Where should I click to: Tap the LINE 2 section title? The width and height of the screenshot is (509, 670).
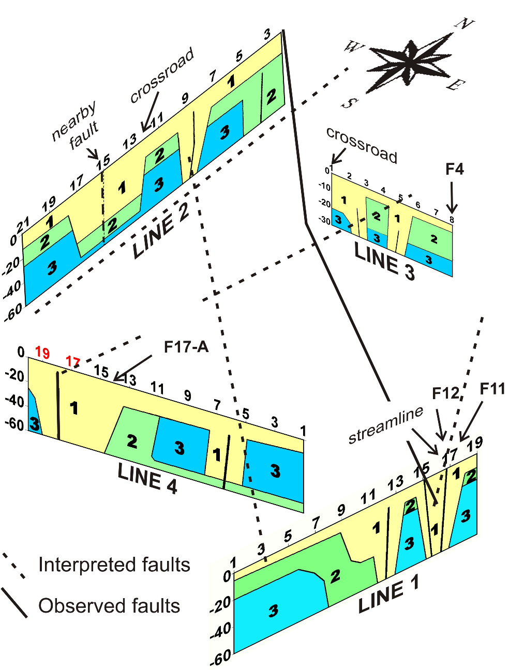pyautogui.click(x=160, y=230)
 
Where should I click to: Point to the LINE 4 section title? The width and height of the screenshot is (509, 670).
pyautogui.click(x=147, y=479)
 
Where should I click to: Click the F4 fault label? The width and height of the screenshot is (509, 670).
pyautogui.click(x=455, y=169)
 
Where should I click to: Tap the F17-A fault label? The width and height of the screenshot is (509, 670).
pyautogui.click(x=186, y=346)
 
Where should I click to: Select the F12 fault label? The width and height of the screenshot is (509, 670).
pyautogui.click(x=445, y=393)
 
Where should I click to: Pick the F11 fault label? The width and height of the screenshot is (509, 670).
pyautogui.click(x=492, y=388)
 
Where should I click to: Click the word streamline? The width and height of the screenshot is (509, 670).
pyautogui.click(x=385, y=425)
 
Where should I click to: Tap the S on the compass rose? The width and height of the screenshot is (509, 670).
pyautogui.click(x=349, y=103)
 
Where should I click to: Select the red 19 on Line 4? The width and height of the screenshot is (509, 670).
pyautogui.click(x=42, y=353)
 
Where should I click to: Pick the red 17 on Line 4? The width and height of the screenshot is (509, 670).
pyautogui.click(x=72, y=361)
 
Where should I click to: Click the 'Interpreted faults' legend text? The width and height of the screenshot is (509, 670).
pyautogui.click(x=114, y=565)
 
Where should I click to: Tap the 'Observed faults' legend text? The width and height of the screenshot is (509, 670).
pyautogui.click(x=109, y=606)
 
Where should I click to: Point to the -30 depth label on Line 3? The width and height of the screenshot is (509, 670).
pyautogui.click(x=324, y=220)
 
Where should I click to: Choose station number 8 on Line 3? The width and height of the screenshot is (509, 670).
pyautogui.click(x=452, y=219)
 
